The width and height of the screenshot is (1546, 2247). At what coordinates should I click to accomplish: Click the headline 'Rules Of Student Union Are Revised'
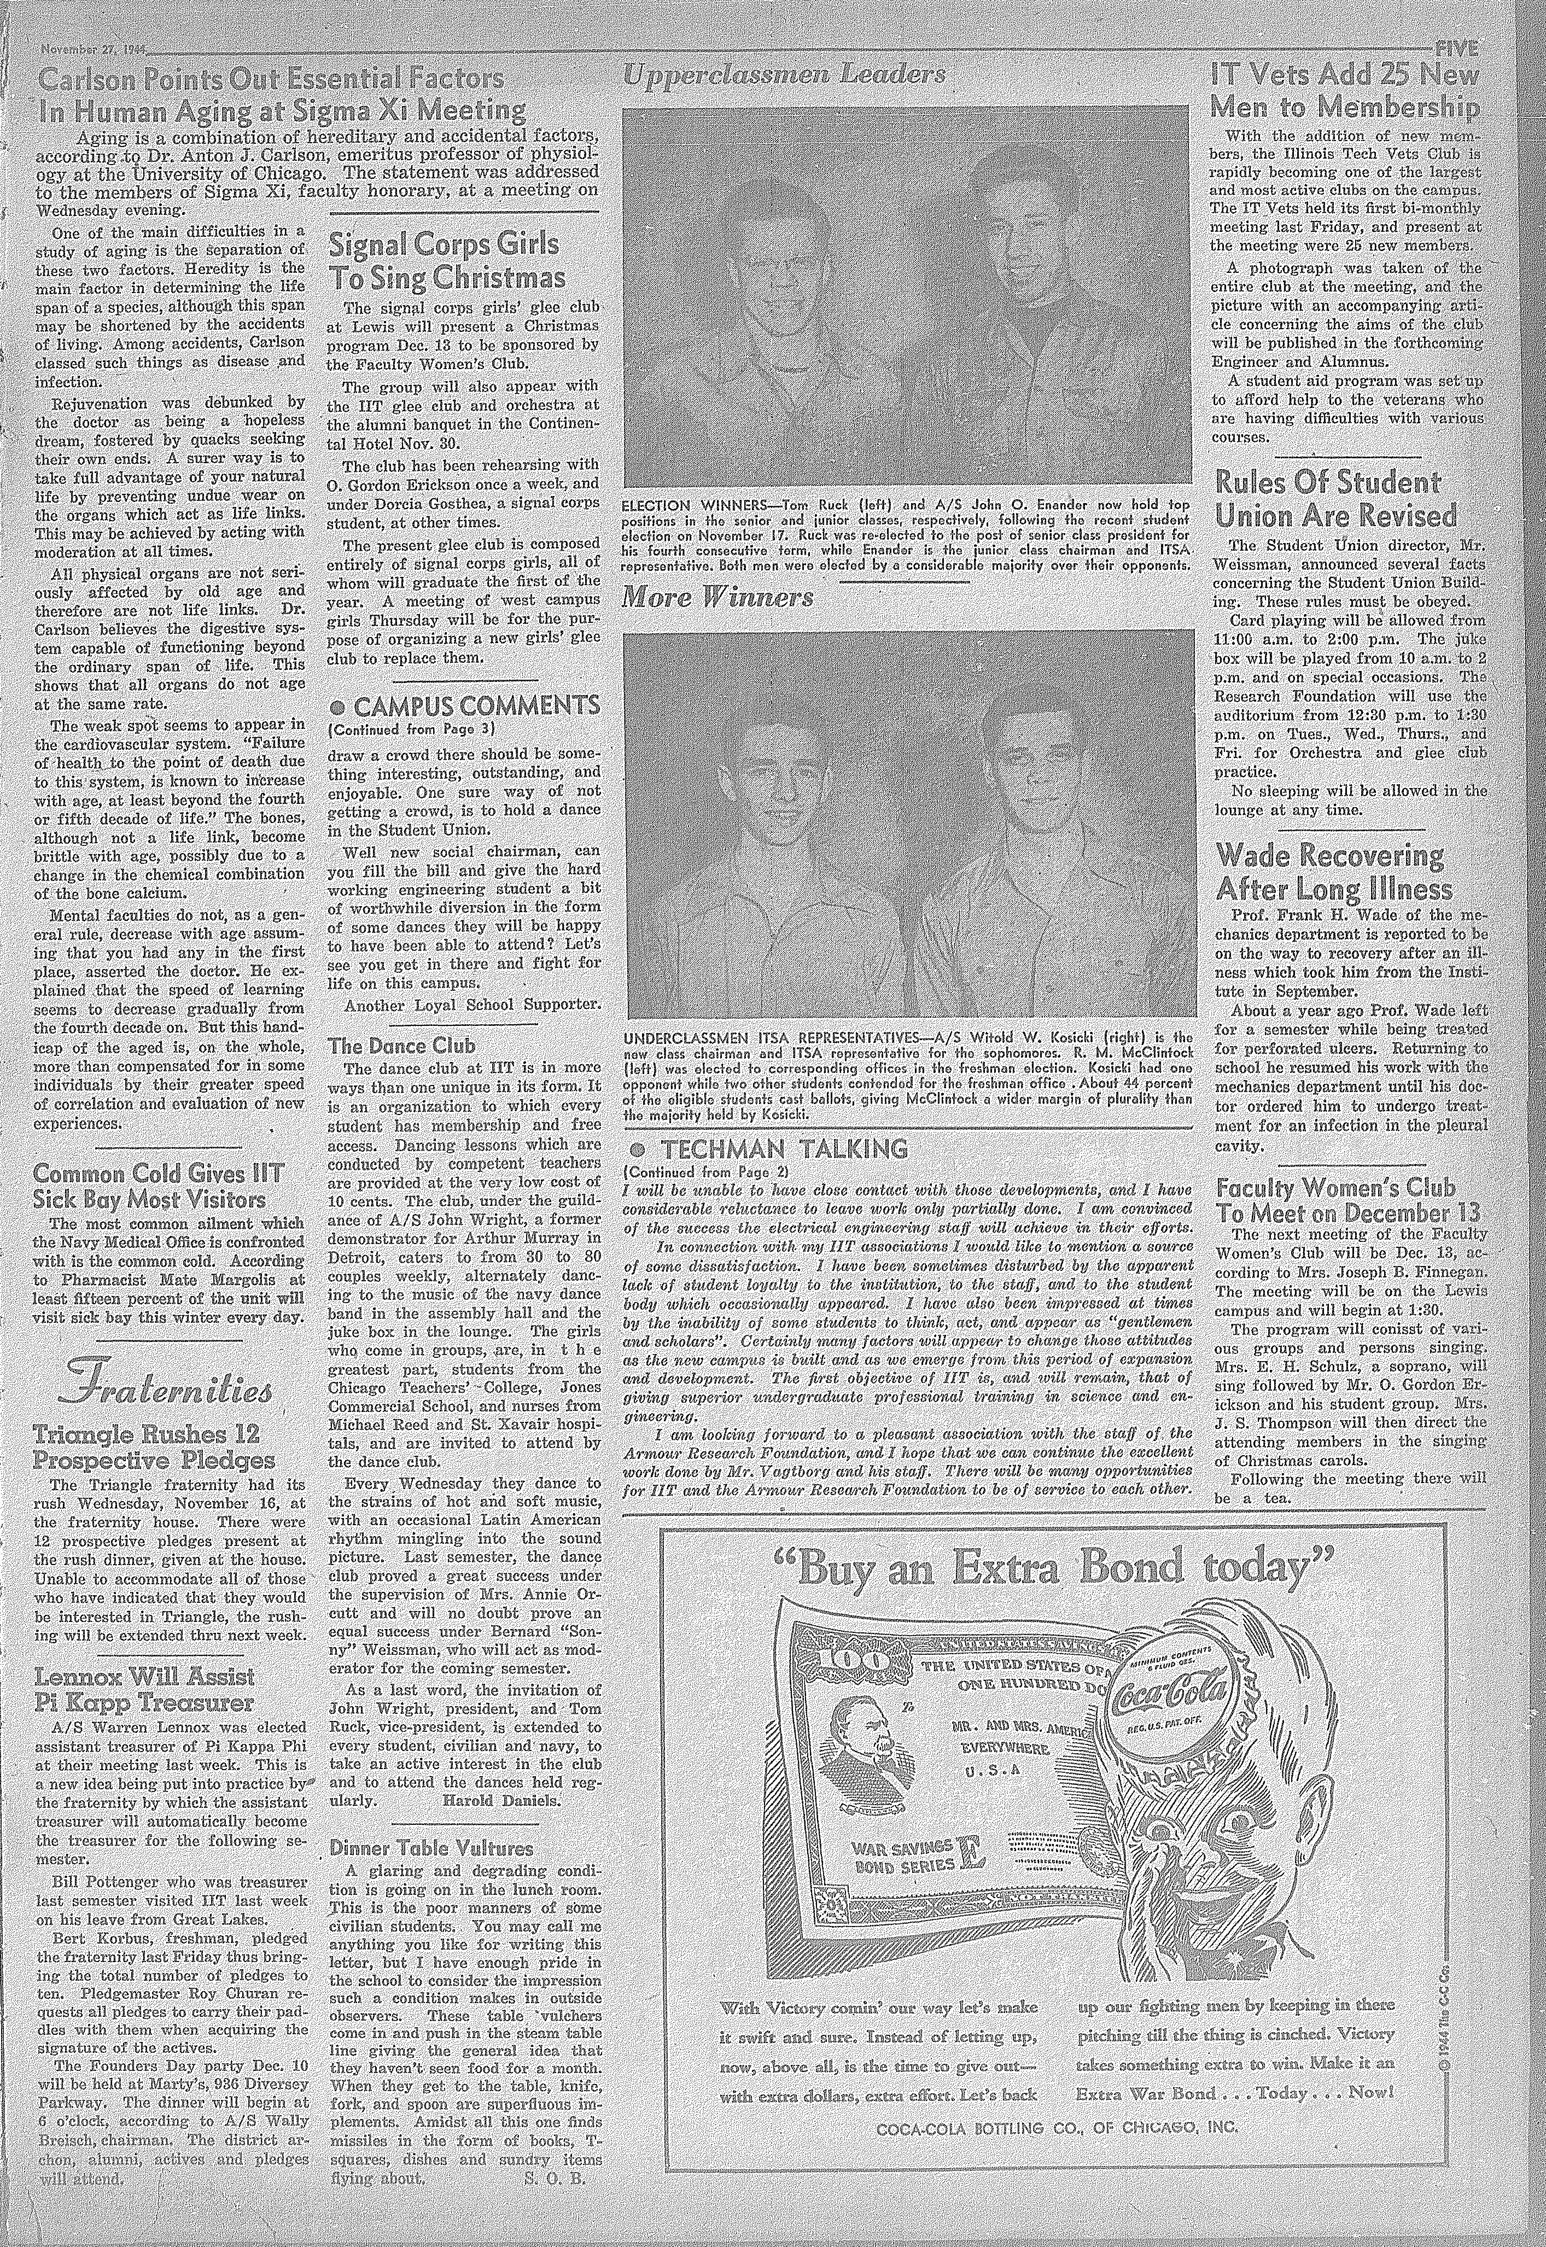[1337, 498]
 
